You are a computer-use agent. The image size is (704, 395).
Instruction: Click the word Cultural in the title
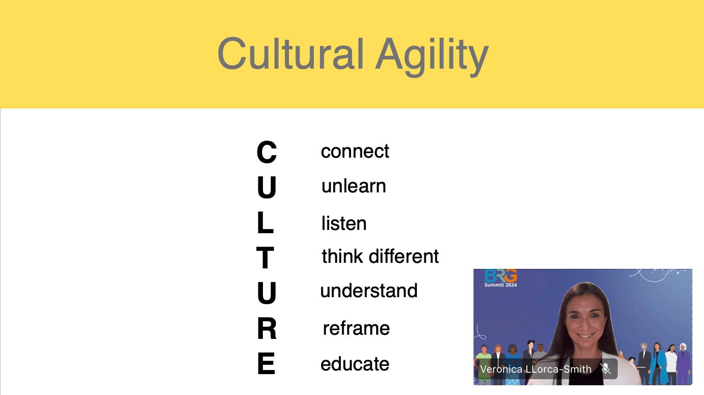pos(290,54)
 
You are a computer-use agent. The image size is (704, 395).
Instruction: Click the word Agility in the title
pos(432,56)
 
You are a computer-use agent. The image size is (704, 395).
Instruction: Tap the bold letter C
pos(267,152)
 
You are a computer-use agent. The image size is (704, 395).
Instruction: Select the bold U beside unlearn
pos(267,187)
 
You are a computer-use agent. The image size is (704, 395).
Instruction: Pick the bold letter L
pos(265,223)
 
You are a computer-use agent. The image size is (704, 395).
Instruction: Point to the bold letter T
pos(265,258)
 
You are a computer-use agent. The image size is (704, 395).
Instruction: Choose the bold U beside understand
pos(267,293)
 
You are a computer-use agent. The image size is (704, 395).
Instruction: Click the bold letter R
pos(267,329)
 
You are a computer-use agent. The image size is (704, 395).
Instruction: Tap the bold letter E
pos(266,363)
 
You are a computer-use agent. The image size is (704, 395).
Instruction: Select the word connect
pos(355,152)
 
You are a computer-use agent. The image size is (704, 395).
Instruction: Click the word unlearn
pos(353,186)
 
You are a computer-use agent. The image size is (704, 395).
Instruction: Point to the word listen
pos(344,223)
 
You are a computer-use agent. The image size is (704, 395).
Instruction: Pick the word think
pos(342,256)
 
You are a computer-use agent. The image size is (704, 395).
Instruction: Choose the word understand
pos(369,291)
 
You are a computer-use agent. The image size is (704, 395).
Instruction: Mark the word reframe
pos(356,328)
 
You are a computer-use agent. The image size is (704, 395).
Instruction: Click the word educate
pos(355,364)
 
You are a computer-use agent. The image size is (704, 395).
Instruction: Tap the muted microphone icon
pos(606,369)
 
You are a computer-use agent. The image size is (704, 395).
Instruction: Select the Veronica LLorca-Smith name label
pos(536,369)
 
